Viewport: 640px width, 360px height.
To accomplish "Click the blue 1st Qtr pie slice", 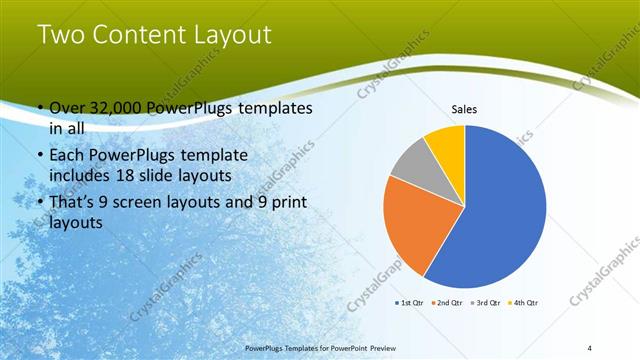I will click(x=500, y=205).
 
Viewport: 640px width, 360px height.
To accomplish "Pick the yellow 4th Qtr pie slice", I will click(x=447, y=145).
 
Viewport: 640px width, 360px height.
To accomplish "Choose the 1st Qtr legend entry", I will click(x=410, y=301).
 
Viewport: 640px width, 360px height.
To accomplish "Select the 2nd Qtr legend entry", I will click(x=445, y=301).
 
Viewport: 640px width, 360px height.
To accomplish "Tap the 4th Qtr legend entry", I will click(x=523, y=301).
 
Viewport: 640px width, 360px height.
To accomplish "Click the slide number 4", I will click(x=590, y=346).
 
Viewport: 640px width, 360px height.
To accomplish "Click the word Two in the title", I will click(x=60, y=36).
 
